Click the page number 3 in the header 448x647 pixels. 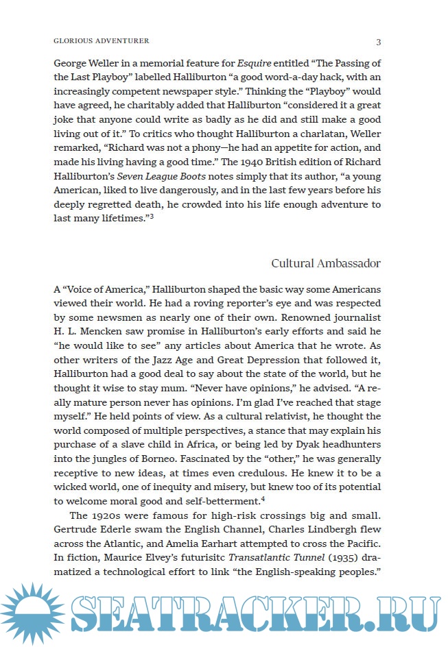379,42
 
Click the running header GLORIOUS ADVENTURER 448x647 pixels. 101,42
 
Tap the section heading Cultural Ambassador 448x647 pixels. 326,263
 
